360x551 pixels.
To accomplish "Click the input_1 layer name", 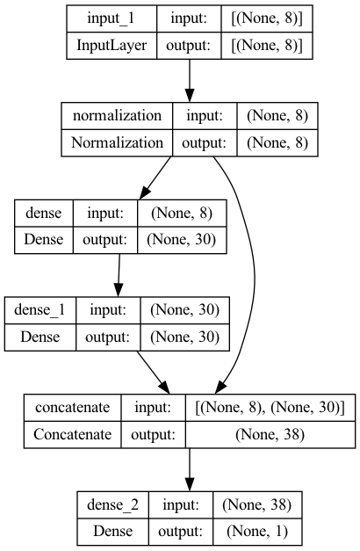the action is click(x=111, y=18).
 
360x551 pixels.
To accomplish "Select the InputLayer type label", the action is click(x=112, y=46).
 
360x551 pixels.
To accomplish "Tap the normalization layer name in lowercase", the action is click(x=117, y=116).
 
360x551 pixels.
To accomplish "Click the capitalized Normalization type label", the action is click(x=117, y=142).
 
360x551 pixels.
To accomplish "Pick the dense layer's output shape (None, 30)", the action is click(x=181, y=240).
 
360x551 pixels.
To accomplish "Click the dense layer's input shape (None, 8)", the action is click(x=182, y=214).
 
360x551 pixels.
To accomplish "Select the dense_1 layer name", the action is click(x=40, y=310).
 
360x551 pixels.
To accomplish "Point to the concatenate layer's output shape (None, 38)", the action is click(x=270, y=435).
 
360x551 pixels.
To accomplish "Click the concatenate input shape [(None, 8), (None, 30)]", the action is click(x=270, y=408).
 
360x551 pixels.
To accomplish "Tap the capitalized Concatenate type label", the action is click(x=72, y=434).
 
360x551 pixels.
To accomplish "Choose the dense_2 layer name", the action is click(x=112, y=505).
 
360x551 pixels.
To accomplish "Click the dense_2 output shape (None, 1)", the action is click(x=257, y=532).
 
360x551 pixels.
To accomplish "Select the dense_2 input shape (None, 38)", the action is click(x=256, y=505).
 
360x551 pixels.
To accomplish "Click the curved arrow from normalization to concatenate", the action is click(x=254, y=274).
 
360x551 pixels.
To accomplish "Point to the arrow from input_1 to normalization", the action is click(x=190, y=81).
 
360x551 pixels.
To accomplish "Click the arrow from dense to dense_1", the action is click(x=119, y=275).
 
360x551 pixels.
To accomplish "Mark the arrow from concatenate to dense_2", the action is click(x=190, y=469).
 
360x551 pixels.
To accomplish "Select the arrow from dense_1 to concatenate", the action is click(x=154, y=373).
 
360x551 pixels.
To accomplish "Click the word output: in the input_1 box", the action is click(x=188, y=46).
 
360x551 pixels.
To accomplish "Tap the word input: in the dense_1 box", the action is click(x=108, y=309).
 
